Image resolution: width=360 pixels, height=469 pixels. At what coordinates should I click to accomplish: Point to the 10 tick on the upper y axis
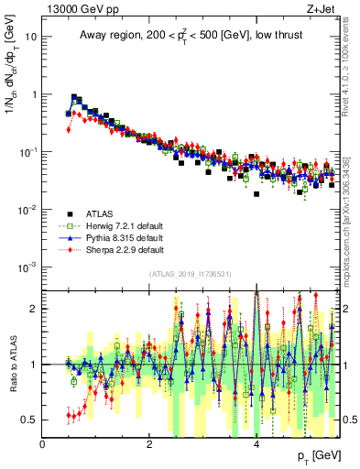(31, 38)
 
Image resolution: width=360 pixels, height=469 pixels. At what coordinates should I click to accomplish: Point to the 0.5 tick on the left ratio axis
(28, 420)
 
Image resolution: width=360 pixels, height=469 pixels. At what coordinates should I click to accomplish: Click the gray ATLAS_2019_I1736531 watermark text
(190, 275)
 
